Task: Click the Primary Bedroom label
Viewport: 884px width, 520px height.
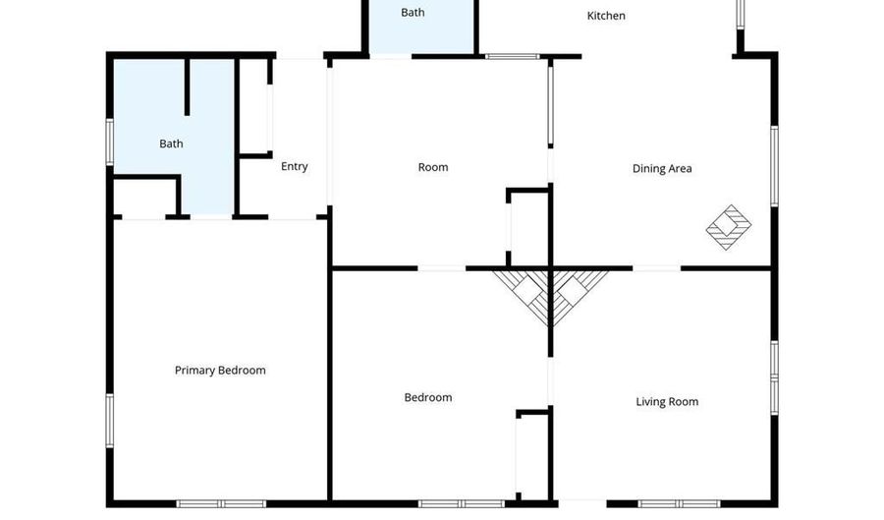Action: click(220, 371)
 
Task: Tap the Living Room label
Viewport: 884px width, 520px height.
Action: click(667, 401)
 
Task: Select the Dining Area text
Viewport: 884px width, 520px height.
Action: click(662, 168)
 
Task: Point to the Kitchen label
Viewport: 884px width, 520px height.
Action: click(606, 16)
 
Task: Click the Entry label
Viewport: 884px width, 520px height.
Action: click(295, 166)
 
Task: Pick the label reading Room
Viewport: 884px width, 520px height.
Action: click(433, 167)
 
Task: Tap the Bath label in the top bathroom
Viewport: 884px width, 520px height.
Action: click(413, 13)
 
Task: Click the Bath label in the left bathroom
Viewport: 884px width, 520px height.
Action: click(171, 144)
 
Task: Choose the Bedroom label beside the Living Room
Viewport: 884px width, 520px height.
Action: click(428, 397)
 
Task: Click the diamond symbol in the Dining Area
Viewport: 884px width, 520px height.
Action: click(729, 227)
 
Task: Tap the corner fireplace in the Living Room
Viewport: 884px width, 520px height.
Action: click(578, 293)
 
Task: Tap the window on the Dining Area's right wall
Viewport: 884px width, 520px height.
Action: click(774, 165)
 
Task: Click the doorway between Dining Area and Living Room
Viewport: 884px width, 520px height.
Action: click(656, 267)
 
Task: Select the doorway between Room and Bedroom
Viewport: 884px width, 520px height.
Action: click(442, 267)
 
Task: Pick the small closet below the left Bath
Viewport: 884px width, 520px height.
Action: click(144, 198)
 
